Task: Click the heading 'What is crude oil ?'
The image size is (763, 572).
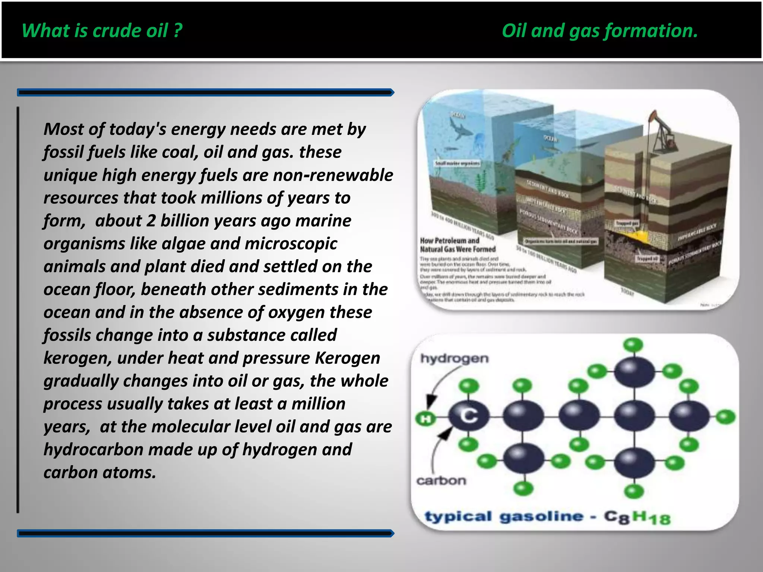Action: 102,31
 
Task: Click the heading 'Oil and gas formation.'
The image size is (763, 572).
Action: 599,31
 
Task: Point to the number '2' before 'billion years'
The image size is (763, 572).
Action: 151,221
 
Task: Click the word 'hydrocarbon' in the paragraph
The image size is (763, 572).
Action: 93,450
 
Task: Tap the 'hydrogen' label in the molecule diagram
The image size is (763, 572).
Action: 454,359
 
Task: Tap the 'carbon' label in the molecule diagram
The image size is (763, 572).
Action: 441,481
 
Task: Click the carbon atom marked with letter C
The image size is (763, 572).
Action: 468,416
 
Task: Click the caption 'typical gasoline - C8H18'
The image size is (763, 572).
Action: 548,517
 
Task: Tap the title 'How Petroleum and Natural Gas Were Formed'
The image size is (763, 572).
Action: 458,245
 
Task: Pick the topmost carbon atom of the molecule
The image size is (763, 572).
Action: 634,371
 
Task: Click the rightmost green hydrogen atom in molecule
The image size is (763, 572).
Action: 725,417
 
